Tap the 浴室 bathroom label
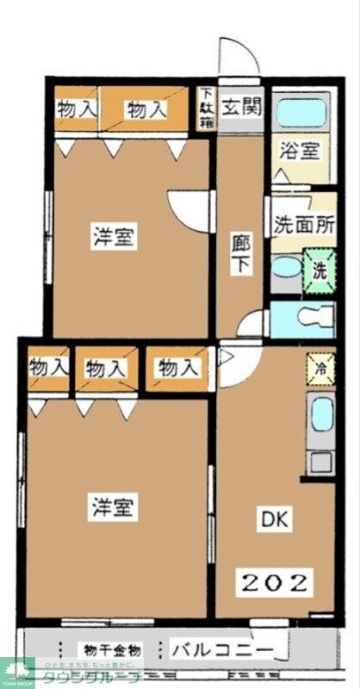pyautogui.click(x=301, y=151)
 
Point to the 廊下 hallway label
pyautogui.click(x=239, y=253)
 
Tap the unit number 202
pyautogui.click(x=274, y=583)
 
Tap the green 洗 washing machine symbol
pyautogui.click(x=319, y=267)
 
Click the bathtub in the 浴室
pyautogui.click(x=301, y=113)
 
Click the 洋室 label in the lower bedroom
pyautogui.click(x=112, y=508)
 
